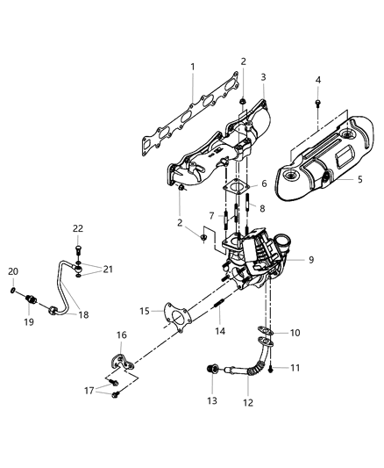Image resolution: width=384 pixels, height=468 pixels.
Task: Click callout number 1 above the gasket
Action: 194,66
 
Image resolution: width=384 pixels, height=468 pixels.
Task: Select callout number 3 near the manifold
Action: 262,77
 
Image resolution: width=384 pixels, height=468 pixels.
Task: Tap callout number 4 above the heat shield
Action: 318,81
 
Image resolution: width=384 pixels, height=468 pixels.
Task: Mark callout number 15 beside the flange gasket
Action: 145,311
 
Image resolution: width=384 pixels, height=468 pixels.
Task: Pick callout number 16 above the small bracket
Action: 121,335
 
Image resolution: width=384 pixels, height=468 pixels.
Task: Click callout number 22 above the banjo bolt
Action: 78,228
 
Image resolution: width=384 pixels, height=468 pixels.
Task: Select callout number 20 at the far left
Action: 13,270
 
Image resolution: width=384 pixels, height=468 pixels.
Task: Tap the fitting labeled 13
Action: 209,370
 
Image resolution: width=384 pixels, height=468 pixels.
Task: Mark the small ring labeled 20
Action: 13,289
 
